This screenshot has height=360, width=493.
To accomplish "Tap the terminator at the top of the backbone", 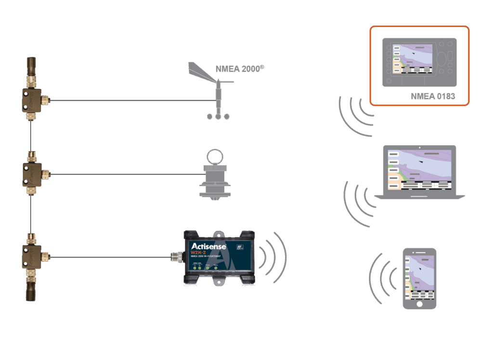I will click(32, 65).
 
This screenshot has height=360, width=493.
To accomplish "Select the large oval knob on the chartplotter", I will click(441, 59).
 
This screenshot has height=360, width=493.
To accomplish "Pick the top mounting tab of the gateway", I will click(220, 234).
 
